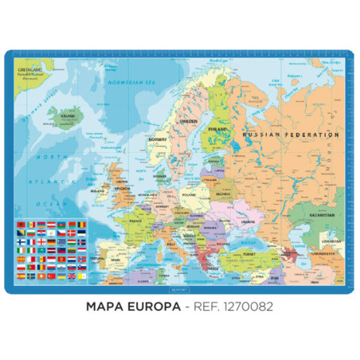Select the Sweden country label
click(188, 122)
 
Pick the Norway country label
click(158, 141)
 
